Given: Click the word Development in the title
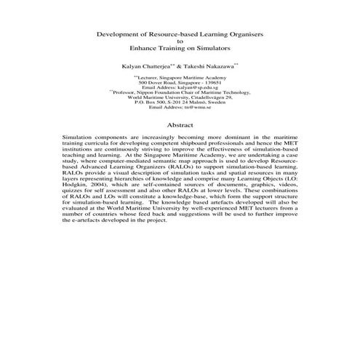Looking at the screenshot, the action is [x=120, y=34].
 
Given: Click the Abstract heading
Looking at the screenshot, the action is [x=180, y=125].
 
